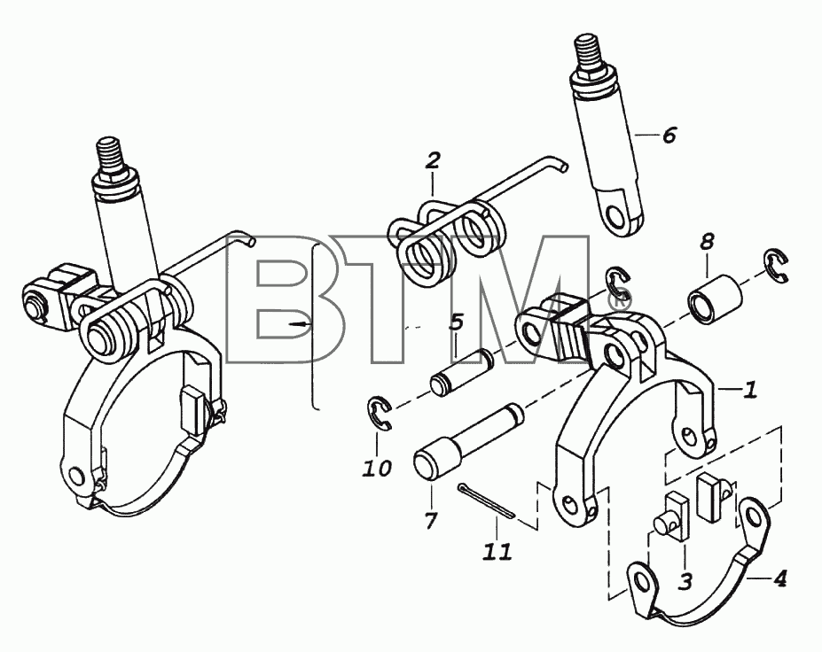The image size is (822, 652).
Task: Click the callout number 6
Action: pyautogui.click(x=669, y=136)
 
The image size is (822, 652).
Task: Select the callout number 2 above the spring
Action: pyautogui.click(x=433, y=160)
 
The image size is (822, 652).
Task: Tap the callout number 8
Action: pyautogui.click(x=707, y=242)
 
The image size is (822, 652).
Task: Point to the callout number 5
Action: pyautogui.click(x=457, y=322)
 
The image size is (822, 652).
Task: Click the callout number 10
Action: pyautogui.click(x=377, y=468)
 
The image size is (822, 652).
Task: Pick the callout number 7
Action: pyautogui.click(x=431, y=521)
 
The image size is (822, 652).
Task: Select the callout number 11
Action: pyautogui.click(x=497, y=551)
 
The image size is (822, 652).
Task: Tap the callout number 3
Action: pyautogui.click(x=685, y=580)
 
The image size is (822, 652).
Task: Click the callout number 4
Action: pyautogui.click(x=779, y=578)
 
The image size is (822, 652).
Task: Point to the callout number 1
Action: pyautogui.click(x=751, y=389)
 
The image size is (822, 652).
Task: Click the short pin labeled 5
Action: pyautogui.click(x=461, y=372)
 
